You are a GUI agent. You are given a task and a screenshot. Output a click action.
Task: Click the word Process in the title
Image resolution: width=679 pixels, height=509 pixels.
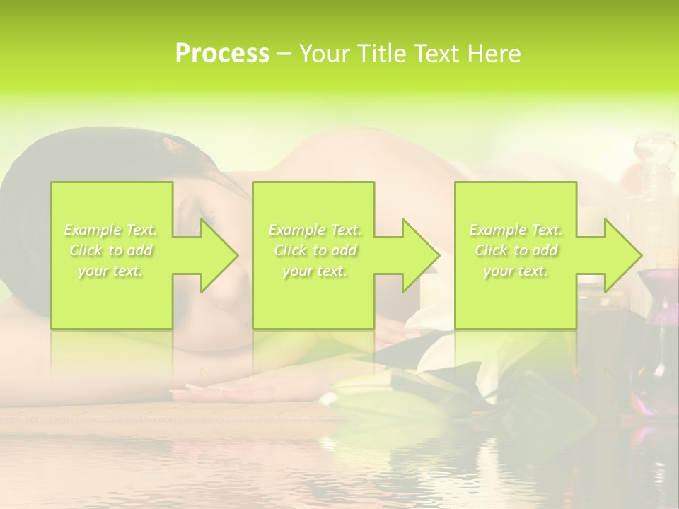222,54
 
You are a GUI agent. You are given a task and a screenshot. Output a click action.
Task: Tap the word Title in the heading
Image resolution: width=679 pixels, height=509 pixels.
382,54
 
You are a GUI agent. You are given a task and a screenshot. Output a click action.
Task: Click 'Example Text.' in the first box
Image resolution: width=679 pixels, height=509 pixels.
111,230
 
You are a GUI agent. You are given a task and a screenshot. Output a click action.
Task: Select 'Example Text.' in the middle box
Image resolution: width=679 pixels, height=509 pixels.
315,230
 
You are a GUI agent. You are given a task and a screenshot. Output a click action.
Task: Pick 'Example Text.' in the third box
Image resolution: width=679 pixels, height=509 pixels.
516,230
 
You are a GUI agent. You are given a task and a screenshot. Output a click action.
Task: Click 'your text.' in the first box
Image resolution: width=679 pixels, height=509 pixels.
111,271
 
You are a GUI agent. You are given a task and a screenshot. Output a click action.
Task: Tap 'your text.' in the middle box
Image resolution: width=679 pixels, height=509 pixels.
315,271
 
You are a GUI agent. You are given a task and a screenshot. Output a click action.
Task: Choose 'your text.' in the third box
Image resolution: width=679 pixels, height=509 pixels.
516,271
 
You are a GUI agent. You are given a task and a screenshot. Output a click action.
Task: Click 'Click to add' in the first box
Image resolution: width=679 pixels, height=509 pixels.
111,250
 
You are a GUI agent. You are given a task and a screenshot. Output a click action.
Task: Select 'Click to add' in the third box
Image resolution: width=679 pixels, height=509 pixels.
516,250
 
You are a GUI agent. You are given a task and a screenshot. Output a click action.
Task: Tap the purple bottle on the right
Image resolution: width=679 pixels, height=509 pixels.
661,297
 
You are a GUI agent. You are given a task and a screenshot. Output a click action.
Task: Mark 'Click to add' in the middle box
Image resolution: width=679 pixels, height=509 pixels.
315,250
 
